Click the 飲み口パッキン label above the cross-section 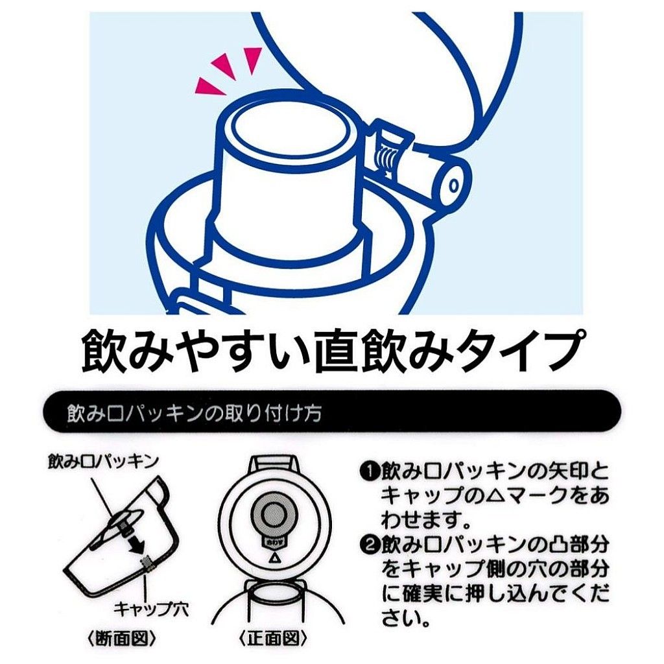click(103, 462)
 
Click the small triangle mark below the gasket click(273, 560)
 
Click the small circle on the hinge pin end click(454, 185)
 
